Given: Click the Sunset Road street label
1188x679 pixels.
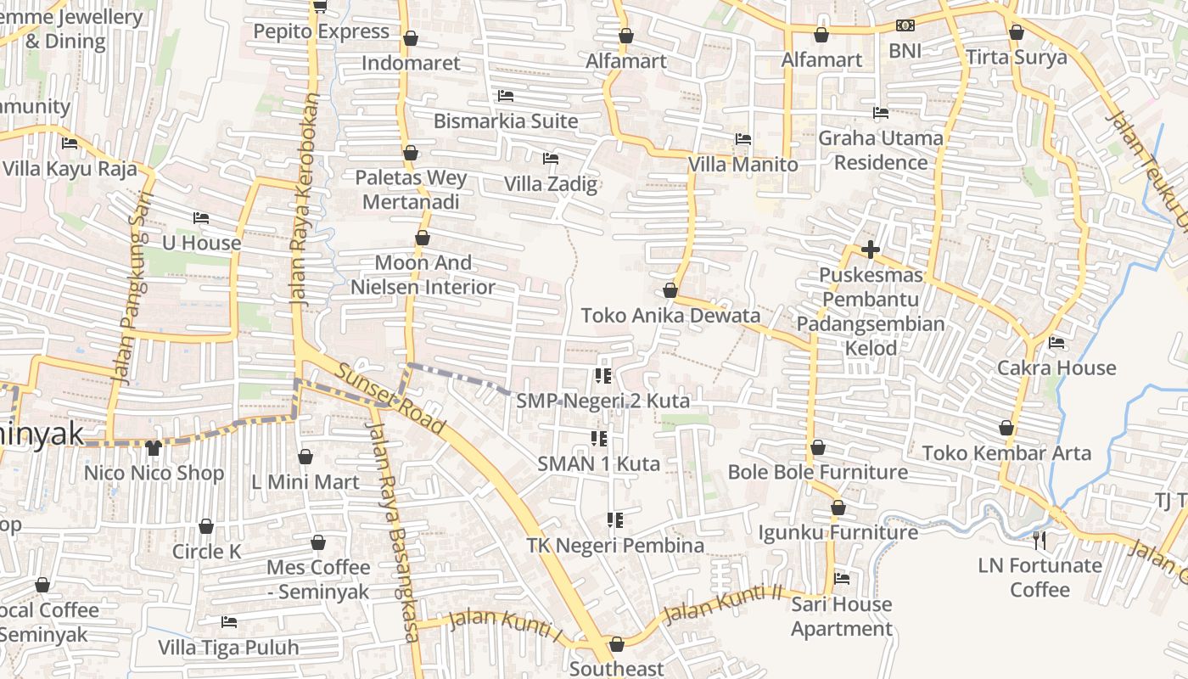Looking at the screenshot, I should click(x=391, y=398).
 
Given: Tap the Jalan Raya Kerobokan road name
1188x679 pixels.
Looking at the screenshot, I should click(x=306, y=199).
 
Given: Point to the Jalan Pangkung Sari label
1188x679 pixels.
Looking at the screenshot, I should click(x=126, y=288).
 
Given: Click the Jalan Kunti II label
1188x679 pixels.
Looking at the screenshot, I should click(x=722, y=604).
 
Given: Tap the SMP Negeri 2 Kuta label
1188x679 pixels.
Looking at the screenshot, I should click(x=602, y=400).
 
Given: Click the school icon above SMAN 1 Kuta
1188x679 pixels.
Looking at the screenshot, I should click(x=599, y=439).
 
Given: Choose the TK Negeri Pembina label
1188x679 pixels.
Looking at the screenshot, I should click(x=615, y=545).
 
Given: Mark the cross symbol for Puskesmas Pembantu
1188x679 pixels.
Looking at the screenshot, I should click(x=870, y=250).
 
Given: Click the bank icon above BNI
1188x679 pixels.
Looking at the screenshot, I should click(x=905, y=25).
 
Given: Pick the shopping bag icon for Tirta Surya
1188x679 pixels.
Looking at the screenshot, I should click(x=1017, y=33).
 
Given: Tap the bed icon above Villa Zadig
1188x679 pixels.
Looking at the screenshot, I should click(x=551, y=158).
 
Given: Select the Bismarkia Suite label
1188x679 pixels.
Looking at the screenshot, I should click(x=506, y=121).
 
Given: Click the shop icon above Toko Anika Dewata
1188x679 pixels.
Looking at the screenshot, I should click(x=670, y=290).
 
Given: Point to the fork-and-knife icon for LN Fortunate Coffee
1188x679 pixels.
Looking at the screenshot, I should click(x=1039, y=539).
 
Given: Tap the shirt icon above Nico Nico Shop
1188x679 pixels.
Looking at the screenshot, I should click(x=154, y=447).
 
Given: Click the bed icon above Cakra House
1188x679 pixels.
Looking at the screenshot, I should click(x=1056, y=342).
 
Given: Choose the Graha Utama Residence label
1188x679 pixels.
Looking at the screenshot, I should click(x=881, y=149).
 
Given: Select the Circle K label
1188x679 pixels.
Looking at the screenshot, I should click(x=207, y=552).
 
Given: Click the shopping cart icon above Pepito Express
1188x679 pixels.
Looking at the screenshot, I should click(x=320, y=7).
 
